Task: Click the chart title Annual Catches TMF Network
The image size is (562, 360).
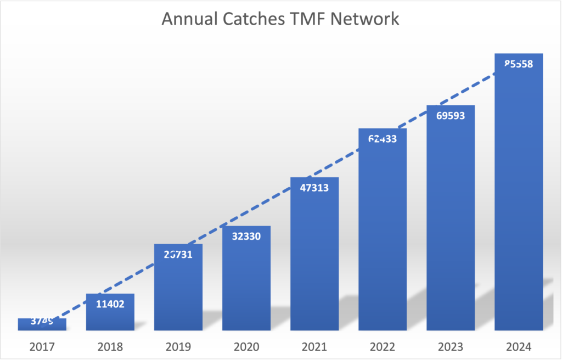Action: click(280, 20)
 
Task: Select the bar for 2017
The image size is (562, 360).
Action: click(42, 325)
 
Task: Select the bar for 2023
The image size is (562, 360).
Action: click(451, 220)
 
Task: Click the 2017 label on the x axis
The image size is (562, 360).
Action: click(42, 347)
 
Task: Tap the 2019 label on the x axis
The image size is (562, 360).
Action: click(178, 347)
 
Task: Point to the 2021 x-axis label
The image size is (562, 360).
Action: click(314, 347)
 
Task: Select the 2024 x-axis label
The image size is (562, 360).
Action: click(519, 347)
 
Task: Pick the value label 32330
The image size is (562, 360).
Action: click(246, 237)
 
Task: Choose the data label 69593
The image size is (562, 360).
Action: click(451, 116)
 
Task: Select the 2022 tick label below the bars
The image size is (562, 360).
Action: click(383, 347)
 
